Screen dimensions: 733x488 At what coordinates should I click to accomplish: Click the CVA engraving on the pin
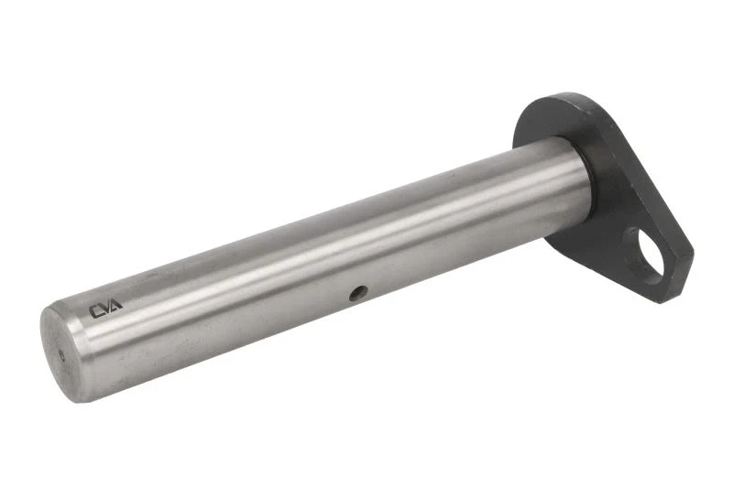pyautogui.click(x=105, y=309)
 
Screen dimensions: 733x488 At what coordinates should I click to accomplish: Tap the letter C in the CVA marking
pyautogui.click(x=95, y=311)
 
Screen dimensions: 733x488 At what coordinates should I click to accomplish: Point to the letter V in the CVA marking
pyautogui.click(x=105, y=309)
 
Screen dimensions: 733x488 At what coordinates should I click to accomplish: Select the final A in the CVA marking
pyautogui.click(x=115, y=305)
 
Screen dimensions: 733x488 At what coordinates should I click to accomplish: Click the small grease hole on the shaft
pyautogui.click(x=358, y=293)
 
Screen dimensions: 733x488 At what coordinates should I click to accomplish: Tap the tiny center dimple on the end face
pyautogui.click(x=62, y=355)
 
